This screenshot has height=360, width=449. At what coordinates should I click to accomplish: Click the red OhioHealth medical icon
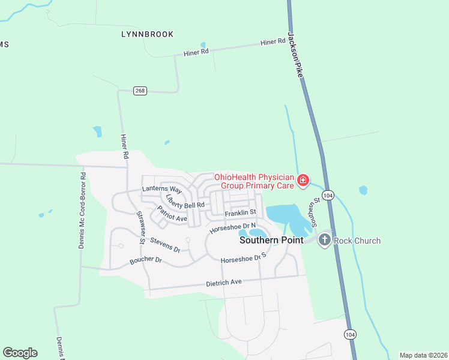pos(303,180)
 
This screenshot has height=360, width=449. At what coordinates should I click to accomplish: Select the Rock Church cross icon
pos(324,240)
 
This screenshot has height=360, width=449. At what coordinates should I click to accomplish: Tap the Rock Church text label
pos(357,241)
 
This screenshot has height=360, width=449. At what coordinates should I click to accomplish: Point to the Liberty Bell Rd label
pos(185,202)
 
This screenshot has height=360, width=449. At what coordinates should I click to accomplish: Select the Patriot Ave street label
pos(172,214)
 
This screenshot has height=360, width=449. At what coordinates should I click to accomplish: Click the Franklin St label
pos(240,213)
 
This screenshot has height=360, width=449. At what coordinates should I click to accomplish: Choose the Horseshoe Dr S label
pos(243,259)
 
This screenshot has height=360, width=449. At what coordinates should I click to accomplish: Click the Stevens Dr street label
pos(165,244)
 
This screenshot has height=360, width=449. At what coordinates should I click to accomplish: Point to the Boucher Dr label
pos(146,261)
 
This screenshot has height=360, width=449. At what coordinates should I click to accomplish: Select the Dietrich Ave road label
pos(223,282)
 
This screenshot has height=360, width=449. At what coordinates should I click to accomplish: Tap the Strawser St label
pos(140,227)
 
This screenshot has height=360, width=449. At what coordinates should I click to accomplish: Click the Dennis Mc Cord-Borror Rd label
pos(83,210)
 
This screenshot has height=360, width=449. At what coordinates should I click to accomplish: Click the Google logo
pos(20,353)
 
